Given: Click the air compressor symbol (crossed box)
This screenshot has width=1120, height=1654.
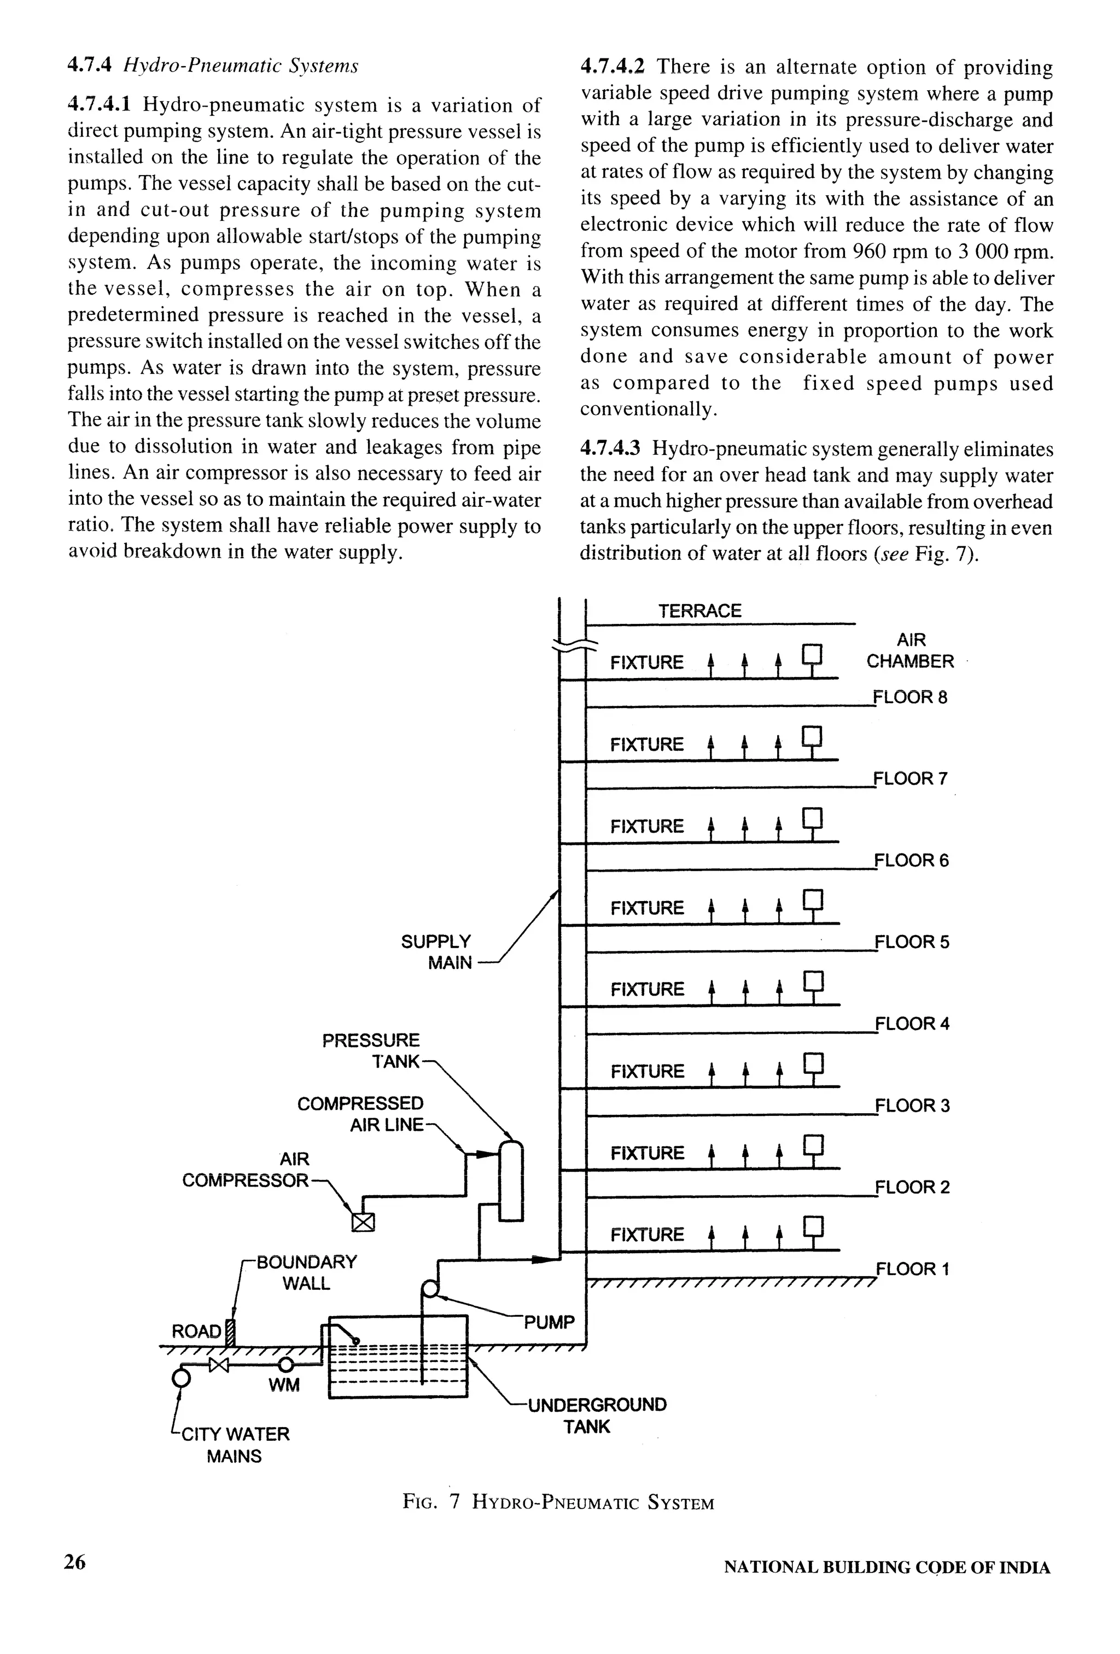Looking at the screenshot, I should coord(363,1223).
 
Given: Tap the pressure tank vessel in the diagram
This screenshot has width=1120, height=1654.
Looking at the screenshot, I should coord(511,1182).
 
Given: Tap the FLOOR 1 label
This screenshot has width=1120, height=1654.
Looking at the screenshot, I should coord(912,1269).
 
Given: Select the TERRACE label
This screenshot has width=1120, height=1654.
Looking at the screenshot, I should coord(699,611).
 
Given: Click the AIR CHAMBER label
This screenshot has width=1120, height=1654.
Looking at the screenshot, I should coord(910,651).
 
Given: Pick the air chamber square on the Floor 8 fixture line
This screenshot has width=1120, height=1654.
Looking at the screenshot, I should coord(812,653).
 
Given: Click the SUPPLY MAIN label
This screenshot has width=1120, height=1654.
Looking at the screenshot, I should coord(437,952).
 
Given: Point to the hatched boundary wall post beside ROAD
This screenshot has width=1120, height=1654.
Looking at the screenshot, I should coord(229,1332).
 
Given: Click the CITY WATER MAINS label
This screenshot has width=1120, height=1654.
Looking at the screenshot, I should coord(235,1445).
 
